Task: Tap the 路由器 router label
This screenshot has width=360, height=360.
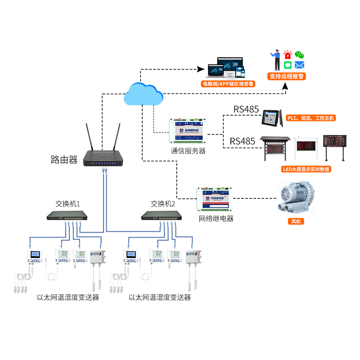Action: [64, 159]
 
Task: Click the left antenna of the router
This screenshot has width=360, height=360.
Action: [89, 137]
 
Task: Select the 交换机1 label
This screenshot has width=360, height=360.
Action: [67, 204]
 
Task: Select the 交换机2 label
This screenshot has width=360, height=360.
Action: [162, 204]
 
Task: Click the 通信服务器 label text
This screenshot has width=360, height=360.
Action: [188, 151]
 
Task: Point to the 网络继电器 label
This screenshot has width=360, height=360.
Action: [216, 219]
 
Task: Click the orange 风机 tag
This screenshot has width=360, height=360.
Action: [296, 221]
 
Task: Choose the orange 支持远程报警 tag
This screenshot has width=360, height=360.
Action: [287, 76]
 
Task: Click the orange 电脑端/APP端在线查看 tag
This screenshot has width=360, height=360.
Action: [228, 84]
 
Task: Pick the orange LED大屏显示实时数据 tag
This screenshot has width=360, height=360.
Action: [306, 169]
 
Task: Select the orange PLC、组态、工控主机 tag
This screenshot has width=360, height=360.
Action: [311, 118]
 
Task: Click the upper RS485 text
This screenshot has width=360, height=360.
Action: [246, 109]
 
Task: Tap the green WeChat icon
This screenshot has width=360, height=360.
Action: [299, 55]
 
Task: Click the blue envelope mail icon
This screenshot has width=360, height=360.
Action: [300, 65]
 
